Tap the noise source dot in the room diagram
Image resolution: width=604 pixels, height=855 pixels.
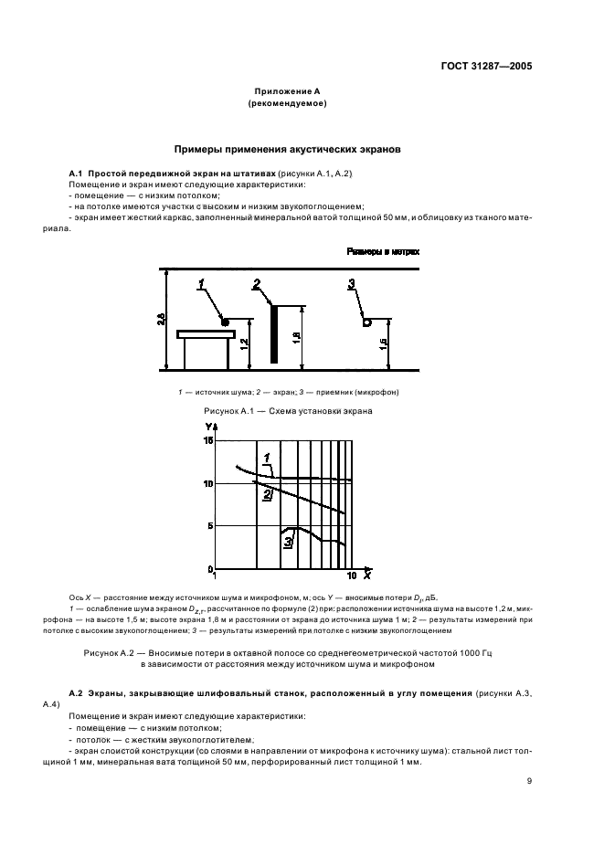click(x=225, y=321)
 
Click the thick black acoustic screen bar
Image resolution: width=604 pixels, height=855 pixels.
click(x=272, y=334)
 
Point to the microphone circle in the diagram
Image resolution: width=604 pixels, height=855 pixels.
click(x=366, y=321)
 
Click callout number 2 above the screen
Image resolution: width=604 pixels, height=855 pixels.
click(x=257, y=283)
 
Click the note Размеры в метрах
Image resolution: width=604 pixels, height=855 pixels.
click(x=381, y=250)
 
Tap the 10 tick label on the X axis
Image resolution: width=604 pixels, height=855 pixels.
click(x=351, y=577)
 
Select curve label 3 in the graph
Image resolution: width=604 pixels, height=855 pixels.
click(x=288, y=544)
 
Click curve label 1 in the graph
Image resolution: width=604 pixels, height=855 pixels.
click(x=267, y=458)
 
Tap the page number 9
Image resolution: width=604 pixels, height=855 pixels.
click(x=529, y=781)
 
